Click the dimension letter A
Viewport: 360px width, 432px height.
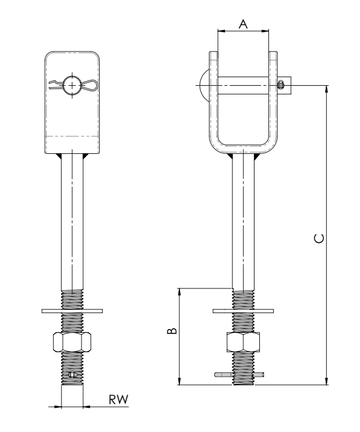click(243, 24)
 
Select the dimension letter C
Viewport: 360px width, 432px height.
click(319, 239)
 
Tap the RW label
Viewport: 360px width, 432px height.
click(119, 399)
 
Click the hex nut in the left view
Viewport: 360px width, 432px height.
click(72, 342)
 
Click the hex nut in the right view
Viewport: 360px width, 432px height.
click(243, 342)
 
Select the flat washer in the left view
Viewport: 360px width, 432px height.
click(72, 311)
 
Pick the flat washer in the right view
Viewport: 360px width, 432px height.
click(243, 311)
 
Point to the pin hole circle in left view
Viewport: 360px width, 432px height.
click(72, 85)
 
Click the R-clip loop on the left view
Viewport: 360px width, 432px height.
click(89, 85)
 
